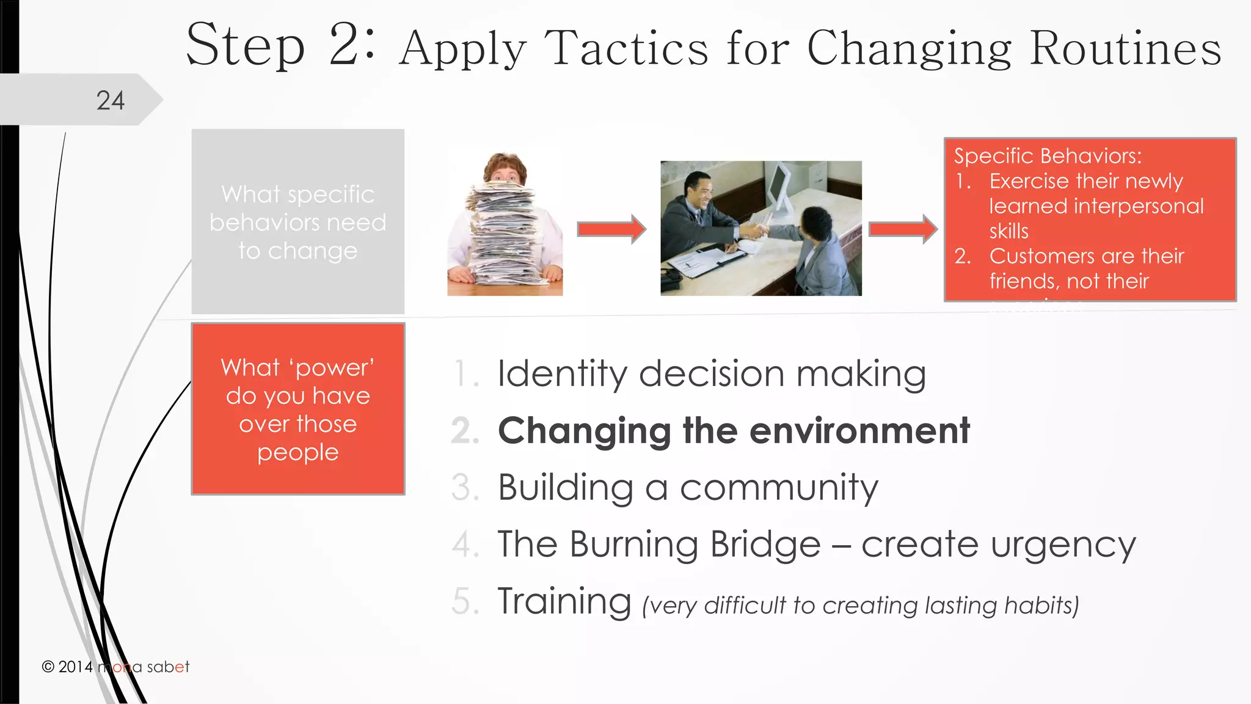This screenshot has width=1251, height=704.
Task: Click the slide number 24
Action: coord(111,101)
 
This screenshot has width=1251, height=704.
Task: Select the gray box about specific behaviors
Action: coord(298,221)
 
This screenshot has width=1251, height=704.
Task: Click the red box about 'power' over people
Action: coord(298,409)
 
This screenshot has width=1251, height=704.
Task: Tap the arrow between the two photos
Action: coord(611,229)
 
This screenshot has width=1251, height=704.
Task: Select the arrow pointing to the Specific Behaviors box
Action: coord(903,229)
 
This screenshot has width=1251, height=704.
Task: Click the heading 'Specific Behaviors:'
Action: coord(1048,156)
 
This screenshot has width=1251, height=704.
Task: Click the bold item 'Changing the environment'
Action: coord(734,430)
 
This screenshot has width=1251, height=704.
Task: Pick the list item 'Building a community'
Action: coord(688,487)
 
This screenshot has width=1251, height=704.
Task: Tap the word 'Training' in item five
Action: coord(564,601)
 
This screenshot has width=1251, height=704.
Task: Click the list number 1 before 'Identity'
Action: coord(464,374)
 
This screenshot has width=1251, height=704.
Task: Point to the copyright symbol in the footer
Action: coord(48,667)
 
